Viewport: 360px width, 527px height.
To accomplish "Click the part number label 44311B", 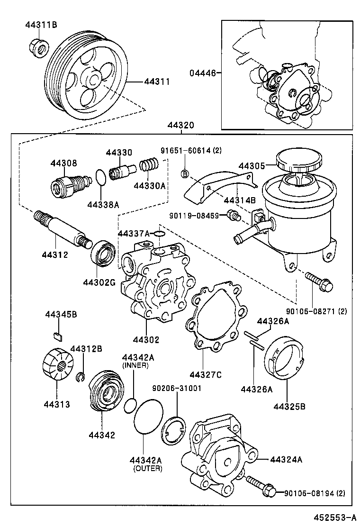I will (x=41, y=25).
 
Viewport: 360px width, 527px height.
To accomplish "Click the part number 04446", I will (x=203, y=73).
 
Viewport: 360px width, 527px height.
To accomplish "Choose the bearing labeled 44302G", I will (x=103, y=253).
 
